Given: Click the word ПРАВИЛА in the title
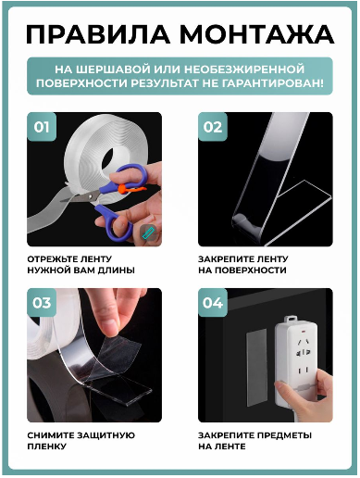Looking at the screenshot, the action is click(x=98, y=34).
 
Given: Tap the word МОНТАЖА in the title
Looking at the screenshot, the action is click(x=257, y=34).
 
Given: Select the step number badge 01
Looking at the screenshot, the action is click(x=42, y=127).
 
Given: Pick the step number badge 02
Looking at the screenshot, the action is click(x=213, y=127).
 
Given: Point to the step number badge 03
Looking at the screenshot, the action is click(x=42, y=303).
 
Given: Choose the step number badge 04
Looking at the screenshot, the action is click(x=213, y=303).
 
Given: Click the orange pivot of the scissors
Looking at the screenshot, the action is click(x=123, y=188).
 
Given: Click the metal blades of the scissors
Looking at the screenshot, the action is click(x=81, y=196).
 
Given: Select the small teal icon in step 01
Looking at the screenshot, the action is click(x=147, y=233).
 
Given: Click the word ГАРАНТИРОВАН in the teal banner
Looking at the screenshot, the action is click(x=274, y=82).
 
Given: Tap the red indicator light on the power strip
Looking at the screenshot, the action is click(x=304, y=332).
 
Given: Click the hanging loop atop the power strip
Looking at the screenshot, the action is click(x=291, y=319).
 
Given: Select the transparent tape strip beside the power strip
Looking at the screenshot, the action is click(x=256, y=368).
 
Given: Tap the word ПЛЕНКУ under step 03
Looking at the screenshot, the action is click(x=47, y=447).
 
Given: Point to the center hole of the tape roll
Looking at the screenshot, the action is click(x=112, y=158).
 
